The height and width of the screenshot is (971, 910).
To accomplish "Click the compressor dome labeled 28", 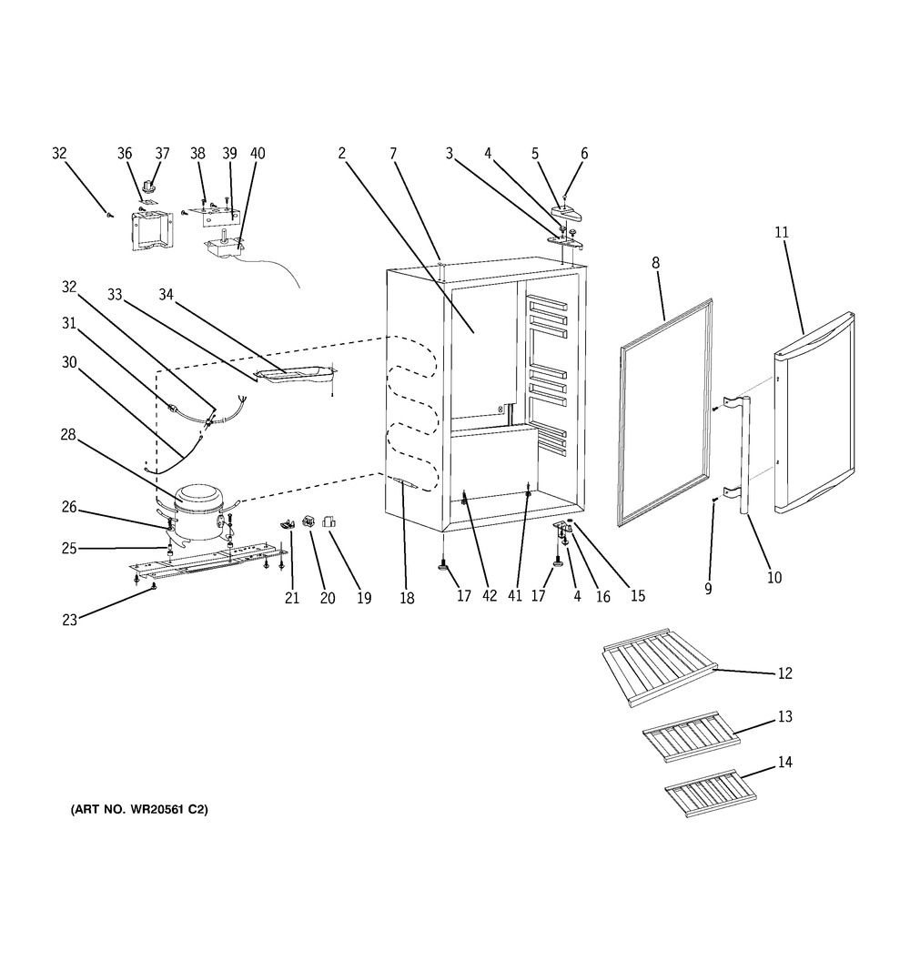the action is [200, 510].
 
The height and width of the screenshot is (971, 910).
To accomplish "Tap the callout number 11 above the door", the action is [782, 232].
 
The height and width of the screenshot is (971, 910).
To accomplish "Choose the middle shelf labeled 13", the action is [692, 737].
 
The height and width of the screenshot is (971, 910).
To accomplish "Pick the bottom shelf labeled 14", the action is [711, 794].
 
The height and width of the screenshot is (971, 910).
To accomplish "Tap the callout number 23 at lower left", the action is [69, 620].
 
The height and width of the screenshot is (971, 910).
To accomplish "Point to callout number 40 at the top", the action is [258, 154].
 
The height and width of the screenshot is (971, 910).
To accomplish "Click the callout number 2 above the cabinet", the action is [342, 154].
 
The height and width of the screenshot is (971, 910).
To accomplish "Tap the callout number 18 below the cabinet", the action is [407, 598].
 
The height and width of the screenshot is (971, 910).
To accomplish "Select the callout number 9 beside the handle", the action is [708, 589].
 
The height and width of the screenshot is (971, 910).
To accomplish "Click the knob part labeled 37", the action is [148, 185].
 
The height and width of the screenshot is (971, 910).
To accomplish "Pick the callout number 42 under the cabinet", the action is [489, 596].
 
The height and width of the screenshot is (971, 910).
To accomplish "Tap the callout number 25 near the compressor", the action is [69, 549].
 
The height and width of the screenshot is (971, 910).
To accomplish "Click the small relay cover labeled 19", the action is [329, 522].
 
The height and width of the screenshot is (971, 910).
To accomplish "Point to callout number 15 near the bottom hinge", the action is [638, 596].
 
